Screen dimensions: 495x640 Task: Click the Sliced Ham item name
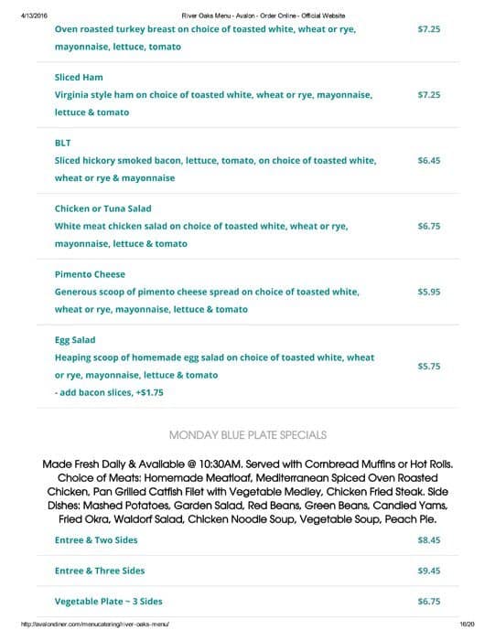tap(79, 77)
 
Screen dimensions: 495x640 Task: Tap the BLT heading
tap(63, 143)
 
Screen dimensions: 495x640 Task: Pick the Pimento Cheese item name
tap(90, 274)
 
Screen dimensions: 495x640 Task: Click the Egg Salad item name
tap(75, 340)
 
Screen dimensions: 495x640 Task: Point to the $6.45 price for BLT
tap(429, 160)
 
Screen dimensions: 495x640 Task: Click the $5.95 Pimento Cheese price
tap(429, 292)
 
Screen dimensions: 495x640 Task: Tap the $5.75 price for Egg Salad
tap(429, 366)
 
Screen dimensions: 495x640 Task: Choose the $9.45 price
tap(429, 571)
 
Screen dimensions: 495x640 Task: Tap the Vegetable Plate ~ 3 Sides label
tap(108, 602)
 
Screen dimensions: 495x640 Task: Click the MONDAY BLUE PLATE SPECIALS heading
tap(248, 434)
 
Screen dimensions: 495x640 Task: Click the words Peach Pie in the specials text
tap(414, 519)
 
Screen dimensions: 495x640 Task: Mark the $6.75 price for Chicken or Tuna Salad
tap(429, 226)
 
